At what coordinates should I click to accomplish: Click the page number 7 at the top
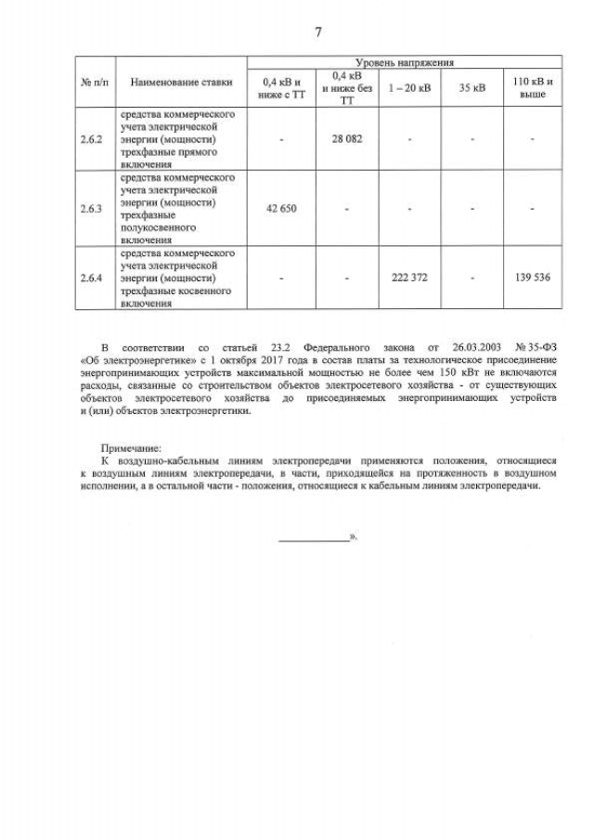coord(318,32)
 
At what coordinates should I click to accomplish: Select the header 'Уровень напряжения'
coord(405,62)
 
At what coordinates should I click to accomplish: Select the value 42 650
coord(280,208)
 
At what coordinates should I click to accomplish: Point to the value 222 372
coord(409,277)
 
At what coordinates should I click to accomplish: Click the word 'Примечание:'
coord(131,446)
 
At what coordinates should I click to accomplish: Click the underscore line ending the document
coord(313,537)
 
